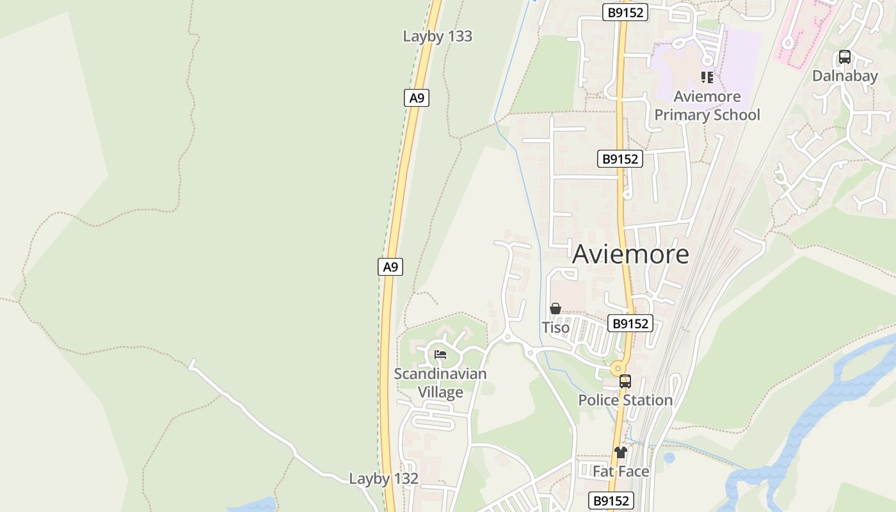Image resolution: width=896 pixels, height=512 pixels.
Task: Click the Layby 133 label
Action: [437, 36]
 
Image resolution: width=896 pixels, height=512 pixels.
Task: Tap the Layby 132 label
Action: [383, 479]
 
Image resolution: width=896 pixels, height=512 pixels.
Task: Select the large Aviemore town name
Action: [630, 254]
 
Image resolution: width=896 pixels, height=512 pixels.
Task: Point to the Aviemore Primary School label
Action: [707, 106]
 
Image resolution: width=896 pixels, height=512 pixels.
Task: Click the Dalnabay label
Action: [845, 76]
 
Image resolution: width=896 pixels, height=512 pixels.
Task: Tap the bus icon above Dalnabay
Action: [845, 57]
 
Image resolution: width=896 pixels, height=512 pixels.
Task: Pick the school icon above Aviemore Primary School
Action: [707, 77]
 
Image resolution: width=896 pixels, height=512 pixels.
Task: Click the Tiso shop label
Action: [556, 328]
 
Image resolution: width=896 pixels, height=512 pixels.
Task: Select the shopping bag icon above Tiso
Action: [556, 309]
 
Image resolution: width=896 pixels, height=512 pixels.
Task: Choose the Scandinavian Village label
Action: [440, 383]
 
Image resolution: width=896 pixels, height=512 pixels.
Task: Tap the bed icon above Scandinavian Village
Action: [440, 354]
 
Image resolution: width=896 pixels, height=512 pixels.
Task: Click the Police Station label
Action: [625, 401]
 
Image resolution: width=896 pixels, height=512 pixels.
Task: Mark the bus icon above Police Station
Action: [625, 381]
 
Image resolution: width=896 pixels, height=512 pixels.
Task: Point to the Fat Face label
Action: [621, 472]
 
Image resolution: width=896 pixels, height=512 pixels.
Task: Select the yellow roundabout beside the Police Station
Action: [618, 368]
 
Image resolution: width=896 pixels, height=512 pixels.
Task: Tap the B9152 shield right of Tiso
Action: [630, 324]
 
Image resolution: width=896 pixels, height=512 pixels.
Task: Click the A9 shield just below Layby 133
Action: [417, 98]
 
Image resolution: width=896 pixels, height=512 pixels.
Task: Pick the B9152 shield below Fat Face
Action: [611, 500]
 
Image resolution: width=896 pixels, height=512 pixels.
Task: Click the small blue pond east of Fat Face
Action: [669, 458]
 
